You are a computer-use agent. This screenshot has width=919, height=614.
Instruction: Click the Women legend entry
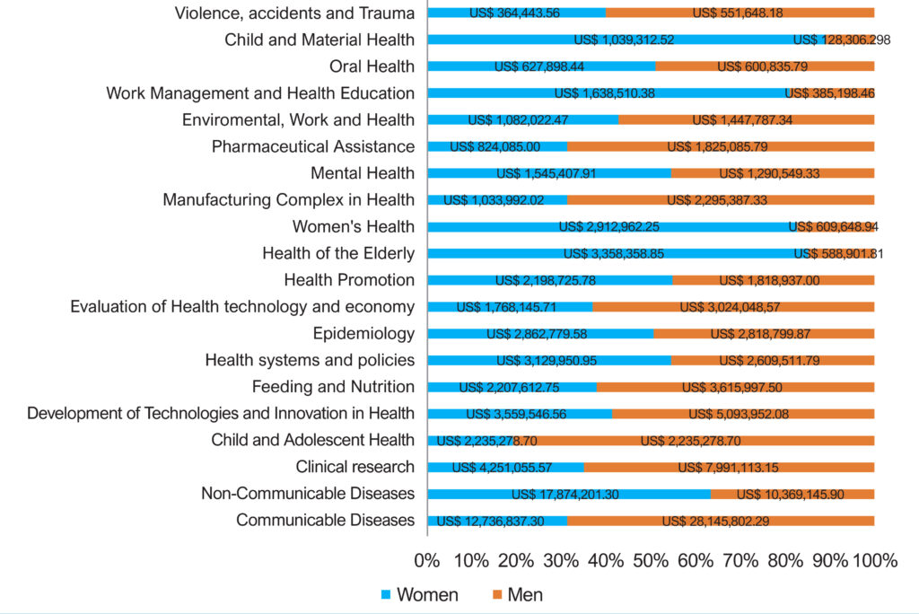click(x=420, y=594)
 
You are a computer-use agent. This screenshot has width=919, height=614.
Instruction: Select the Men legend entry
click(x=518, y=594)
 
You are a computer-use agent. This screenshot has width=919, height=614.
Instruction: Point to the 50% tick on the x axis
click(x=651, y=561)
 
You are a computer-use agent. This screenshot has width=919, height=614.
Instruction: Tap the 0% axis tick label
click(x=426, y=561)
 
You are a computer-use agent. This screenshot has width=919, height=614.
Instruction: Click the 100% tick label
click(x=875, y=561)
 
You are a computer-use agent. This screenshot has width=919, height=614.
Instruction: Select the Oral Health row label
click(x=372, y=66)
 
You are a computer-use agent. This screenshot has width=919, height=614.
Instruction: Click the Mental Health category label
click(x=363, y=173)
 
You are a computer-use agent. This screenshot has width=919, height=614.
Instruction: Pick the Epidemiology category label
click(x=363, y=334)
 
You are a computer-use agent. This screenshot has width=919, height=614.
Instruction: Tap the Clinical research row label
click(x=354, y=467)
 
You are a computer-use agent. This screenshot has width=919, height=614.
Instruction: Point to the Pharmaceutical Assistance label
click(x=313, y=146)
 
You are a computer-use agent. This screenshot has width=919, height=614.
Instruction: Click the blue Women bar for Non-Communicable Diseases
click(x=569, y=495)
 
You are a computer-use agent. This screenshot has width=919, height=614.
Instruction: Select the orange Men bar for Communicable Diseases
click(x=721, y=521)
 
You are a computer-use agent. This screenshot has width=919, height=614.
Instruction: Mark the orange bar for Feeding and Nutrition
click(x=736, y=387)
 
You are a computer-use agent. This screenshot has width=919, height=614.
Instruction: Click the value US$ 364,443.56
click(x=514, y=13)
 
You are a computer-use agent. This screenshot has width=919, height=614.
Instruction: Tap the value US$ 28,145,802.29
click(x=715, y=522)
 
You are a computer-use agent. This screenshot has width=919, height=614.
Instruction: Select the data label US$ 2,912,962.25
click(x=609, y=227)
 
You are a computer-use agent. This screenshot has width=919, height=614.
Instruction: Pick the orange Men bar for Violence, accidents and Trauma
click(x=740, y=13)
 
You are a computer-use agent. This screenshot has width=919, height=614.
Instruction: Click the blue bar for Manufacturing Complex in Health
click(x=497, y=200)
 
